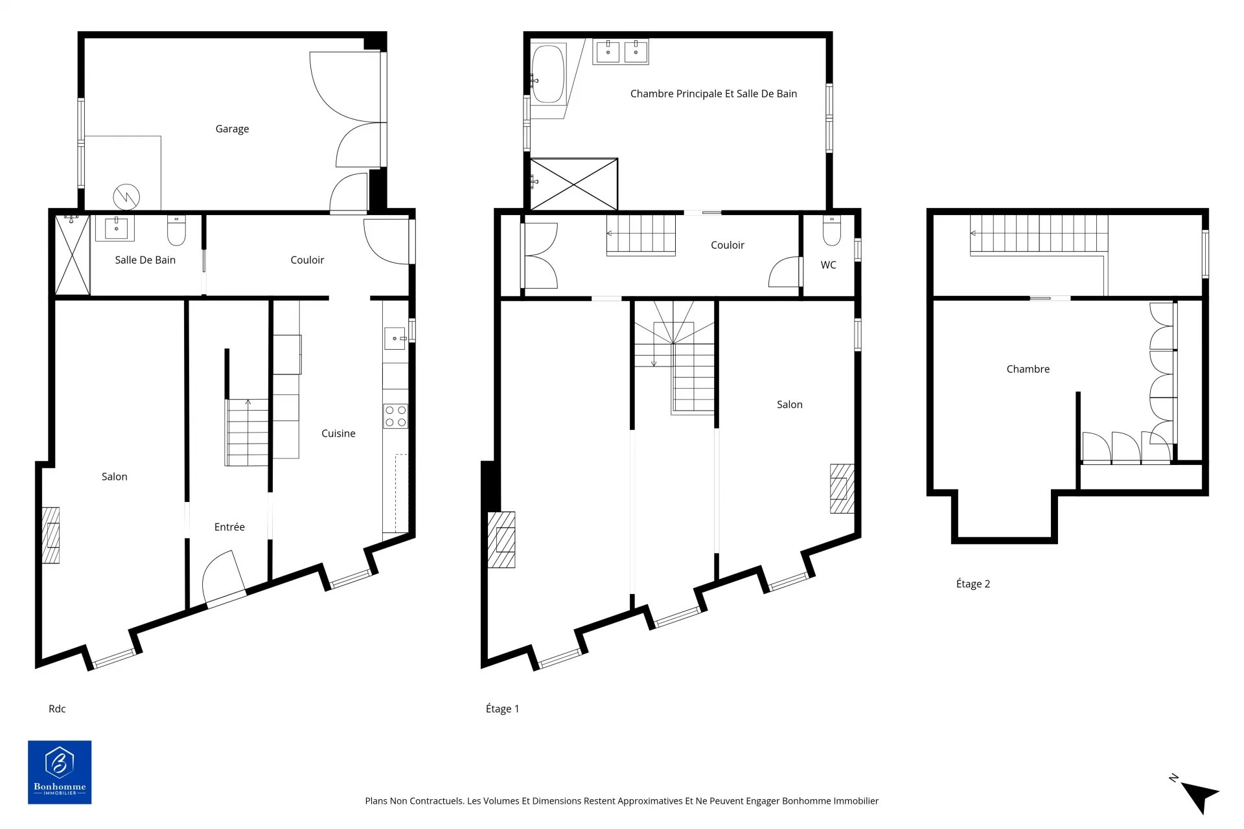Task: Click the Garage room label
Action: tap(232, 129)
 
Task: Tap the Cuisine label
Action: tap(338, 433)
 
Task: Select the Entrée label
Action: tap(229, 527)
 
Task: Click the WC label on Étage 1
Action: tap(828, 265)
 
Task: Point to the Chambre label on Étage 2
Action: tap(1028, 369)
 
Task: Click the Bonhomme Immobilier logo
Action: tap(60, 772)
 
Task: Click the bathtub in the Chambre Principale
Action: tap(548, 74)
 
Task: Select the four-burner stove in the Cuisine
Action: tap(395, 416)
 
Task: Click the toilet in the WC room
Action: tap(831, 231)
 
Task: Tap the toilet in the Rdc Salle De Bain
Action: tap(176, 231)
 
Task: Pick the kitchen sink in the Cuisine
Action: tap(395, 339)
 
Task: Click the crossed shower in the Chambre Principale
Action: tap(574, 184)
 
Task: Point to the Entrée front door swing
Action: tap(224, 576)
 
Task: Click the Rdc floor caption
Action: tap(57, 709)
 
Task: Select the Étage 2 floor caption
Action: tap(973, 584)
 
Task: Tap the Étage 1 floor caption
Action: tap(502, 709)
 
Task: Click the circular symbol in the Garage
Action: tap(126, 197)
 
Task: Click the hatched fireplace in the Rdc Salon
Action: tap(51, 535)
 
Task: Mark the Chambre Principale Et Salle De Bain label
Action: tap(713, 94)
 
